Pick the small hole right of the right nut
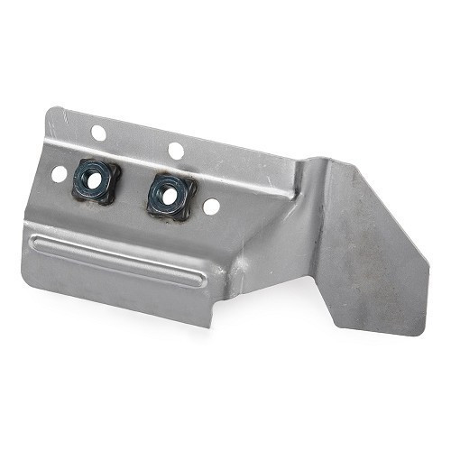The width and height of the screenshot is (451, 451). tap(211, 206)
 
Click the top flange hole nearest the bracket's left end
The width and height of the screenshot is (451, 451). tap(98, 133)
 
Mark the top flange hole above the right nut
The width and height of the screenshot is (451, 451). tap(176, 150)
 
